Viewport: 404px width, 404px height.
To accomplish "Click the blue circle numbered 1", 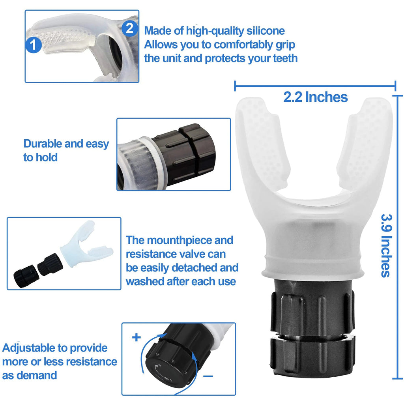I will (34, 45).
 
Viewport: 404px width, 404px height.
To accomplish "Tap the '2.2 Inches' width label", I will (315, 97).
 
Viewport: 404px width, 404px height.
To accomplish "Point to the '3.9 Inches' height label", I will (386, 245).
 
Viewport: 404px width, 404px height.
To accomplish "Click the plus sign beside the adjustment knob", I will (137, 337).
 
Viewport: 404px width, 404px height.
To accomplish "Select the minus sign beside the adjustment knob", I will (208, 376).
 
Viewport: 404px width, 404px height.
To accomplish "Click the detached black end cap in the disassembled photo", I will (24, 272).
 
